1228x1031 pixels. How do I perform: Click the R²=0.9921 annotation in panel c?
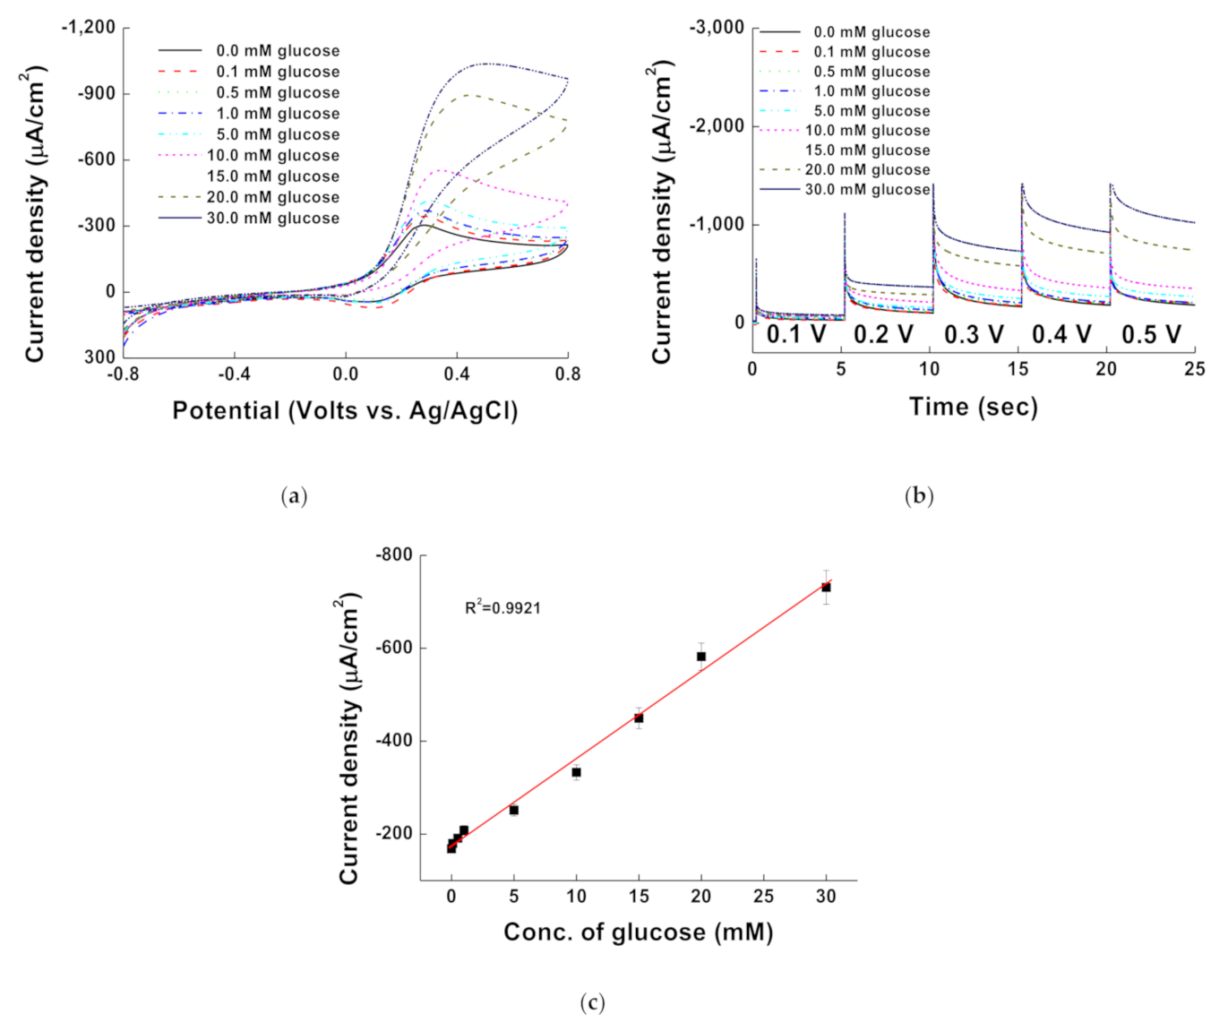[502, 608]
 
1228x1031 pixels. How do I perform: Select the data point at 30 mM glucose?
[826, 588]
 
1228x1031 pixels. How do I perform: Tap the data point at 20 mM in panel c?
[701, 657]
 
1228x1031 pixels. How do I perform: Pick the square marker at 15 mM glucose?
[639, 718]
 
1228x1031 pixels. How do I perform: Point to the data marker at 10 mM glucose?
[576, 772]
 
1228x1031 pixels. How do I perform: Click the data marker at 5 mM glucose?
[514, 810]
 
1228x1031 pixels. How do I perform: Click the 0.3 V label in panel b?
[974, 335]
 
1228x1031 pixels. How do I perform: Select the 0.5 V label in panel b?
[1151, 335]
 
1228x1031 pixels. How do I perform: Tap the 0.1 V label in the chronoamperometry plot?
[796, 335]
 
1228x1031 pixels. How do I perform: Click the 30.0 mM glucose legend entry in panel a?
[272, 219]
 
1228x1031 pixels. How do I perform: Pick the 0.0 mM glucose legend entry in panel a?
[278, 51]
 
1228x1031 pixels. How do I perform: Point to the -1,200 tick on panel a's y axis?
[89, 28]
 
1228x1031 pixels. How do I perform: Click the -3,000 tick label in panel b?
[717, 28]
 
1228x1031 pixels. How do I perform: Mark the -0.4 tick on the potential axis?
[234, 374]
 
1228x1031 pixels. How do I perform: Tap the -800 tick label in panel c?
[394, 555]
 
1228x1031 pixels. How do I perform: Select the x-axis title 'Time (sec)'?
[974, 407]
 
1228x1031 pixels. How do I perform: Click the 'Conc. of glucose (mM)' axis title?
[638, 932]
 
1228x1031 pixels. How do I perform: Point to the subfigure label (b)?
[919, 496]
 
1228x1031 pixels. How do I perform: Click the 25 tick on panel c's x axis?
[763, 896]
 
